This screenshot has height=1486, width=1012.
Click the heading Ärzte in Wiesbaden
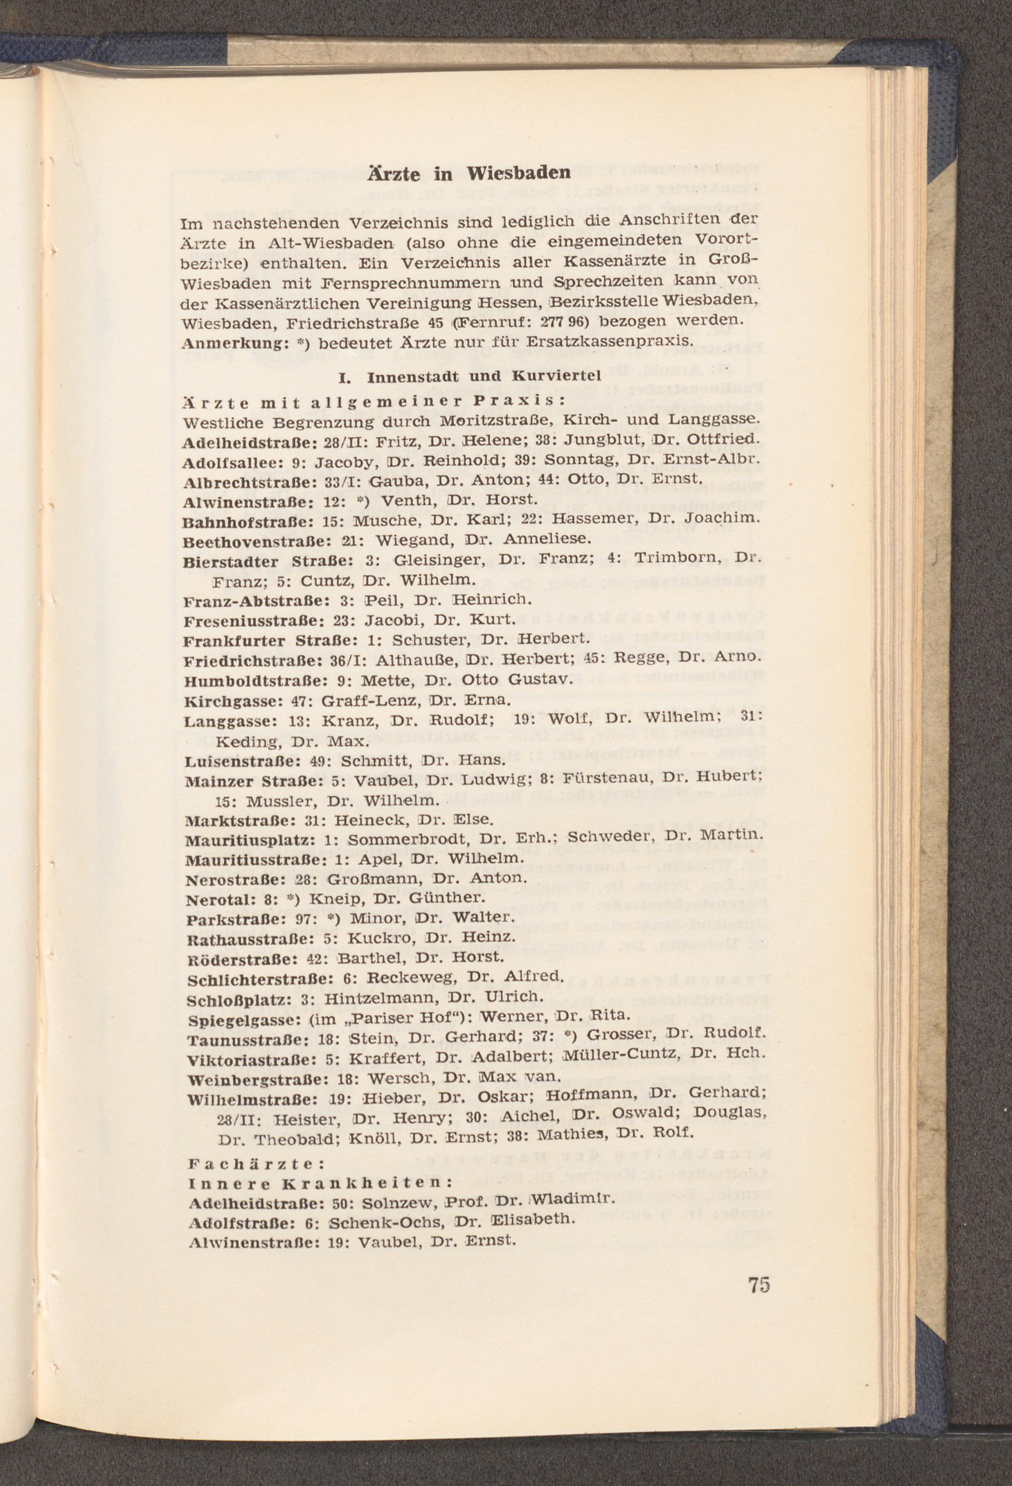coord(468,174)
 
